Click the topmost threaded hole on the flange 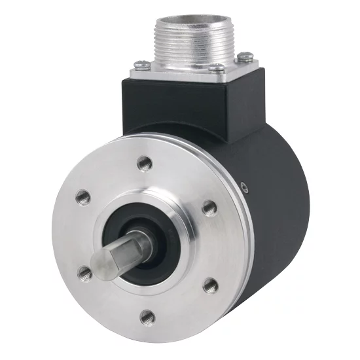[x=142, y=162]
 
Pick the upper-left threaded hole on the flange [x=83, y=195]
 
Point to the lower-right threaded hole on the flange [x=209, y=285]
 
